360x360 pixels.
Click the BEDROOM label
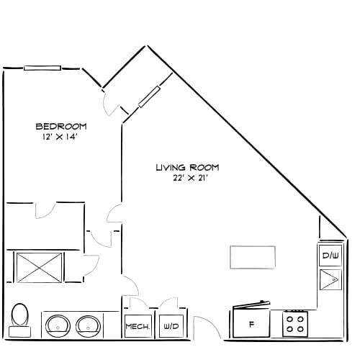61,127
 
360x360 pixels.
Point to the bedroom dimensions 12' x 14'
61,138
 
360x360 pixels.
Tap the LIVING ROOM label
187,168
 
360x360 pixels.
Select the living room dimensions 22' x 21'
187,179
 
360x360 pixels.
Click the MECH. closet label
138,327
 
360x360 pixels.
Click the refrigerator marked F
251,325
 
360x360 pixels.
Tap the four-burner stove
294,323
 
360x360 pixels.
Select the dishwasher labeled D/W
330,255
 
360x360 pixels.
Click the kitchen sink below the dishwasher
330,279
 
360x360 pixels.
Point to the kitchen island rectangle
252,257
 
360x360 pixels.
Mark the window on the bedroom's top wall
42,68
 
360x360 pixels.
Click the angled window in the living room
149,96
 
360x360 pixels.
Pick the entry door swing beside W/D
205,328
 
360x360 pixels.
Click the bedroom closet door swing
45,210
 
